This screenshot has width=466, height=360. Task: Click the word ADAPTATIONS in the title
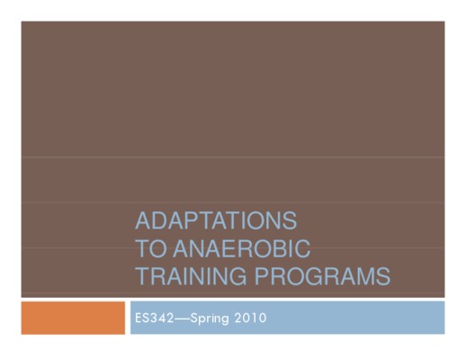point(216,220)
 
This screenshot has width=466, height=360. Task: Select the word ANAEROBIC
point(241,248)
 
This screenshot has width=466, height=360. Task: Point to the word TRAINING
point(192,275)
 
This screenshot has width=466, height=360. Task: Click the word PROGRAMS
point(322,275)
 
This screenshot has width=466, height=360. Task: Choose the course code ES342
point(154,318)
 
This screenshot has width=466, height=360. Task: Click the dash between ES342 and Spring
point(182,319)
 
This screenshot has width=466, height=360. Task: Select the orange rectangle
point(73,318)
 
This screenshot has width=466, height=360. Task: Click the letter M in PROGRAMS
point(366,275)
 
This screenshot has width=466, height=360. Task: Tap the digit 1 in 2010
point(252,318)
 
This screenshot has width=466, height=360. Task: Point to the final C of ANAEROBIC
point(302,248)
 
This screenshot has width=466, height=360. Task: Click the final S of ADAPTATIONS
point(290,220)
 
